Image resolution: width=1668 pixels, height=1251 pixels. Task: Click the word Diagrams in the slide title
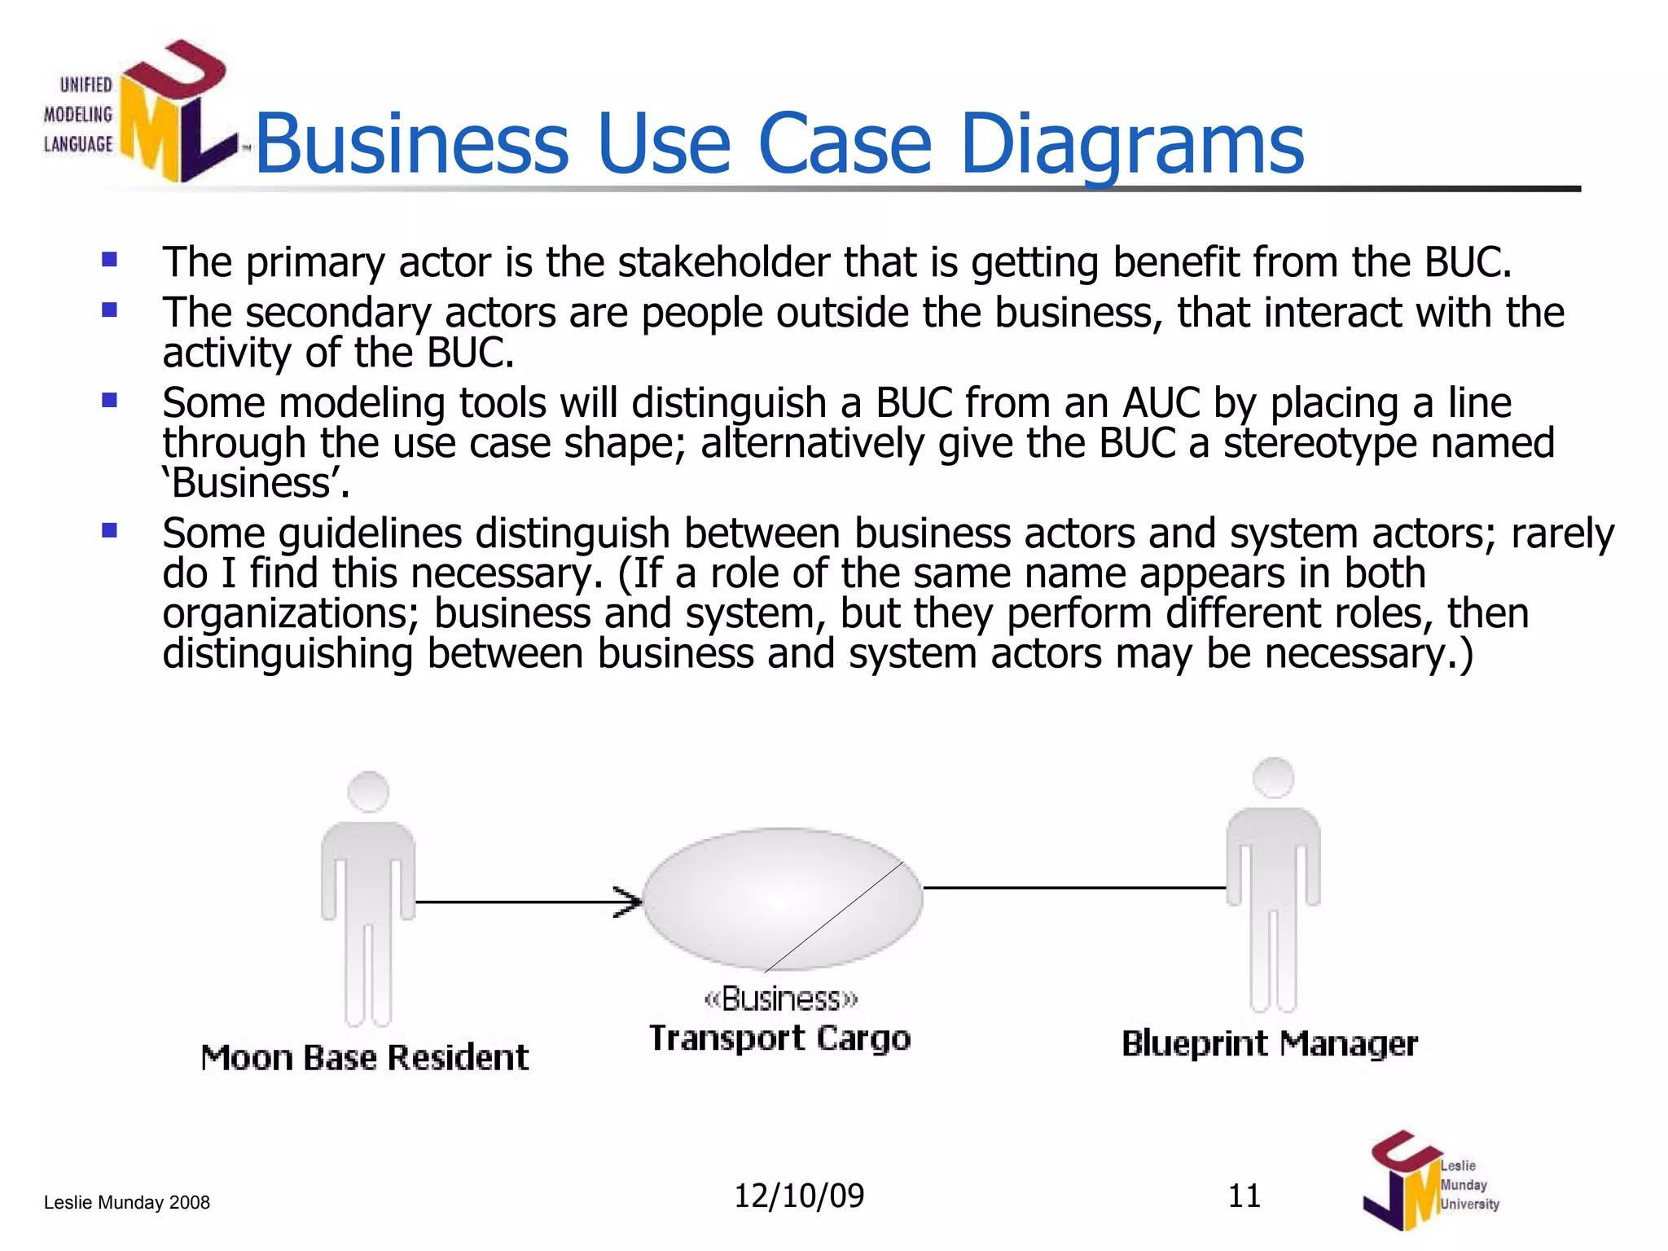(1132, 145)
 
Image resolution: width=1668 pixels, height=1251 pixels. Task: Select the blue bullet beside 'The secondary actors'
(109, 310)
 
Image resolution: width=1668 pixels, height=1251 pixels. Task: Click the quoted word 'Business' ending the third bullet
(256, 483)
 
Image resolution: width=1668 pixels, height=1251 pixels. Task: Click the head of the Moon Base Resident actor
(368, 792)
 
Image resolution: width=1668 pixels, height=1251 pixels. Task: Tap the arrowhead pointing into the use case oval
(628, 902)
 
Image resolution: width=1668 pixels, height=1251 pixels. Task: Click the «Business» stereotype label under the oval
(780, 999)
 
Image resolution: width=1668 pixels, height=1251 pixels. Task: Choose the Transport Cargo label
(779, 1038)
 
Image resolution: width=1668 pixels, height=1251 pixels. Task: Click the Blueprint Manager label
(1269, 1043)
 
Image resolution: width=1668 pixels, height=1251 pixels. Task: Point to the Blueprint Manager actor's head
(1273, 778)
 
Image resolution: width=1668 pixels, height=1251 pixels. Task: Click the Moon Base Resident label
(365, 1057)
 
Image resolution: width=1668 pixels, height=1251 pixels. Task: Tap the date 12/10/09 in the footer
(798, 1196)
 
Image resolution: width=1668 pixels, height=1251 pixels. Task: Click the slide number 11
(1244, 1196)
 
